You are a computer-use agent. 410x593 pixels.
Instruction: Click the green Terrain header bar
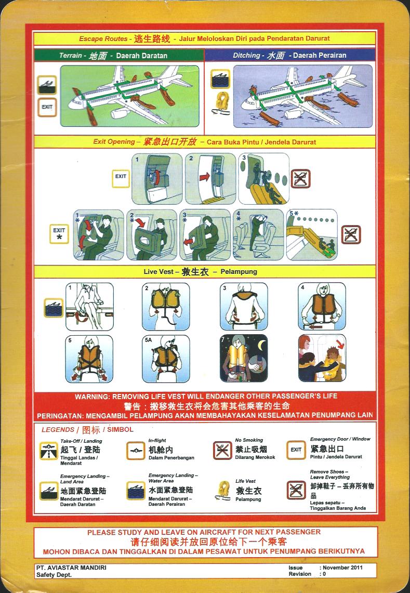tap(119, 55)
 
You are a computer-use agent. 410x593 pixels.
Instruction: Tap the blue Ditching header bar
tap(290, 55)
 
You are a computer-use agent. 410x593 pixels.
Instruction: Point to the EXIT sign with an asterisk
tap(59, 234)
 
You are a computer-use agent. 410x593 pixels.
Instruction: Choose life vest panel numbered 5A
tap(166, 358)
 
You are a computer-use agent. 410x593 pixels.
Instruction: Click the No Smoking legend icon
tap(222, 451)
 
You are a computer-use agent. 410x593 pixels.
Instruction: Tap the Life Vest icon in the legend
tap(223, 490)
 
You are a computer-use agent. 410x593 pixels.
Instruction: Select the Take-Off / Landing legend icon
tap(49, 451)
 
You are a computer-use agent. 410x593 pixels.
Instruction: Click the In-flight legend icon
tap(136, 451)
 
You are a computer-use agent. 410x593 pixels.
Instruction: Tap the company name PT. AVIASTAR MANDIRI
tap(72, 568)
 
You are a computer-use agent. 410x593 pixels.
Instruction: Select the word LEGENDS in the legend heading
tap(58, 430)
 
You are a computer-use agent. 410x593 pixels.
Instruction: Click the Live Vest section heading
tap(200, 271)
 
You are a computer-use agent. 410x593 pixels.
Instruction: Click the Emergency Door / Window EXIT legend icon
tap(296, 450)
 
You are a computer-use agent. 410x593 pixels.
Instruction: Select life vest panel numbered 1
tap(90, 307)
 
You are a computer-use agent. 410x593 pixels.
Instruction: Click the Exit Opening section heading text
tap(205, 142)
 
